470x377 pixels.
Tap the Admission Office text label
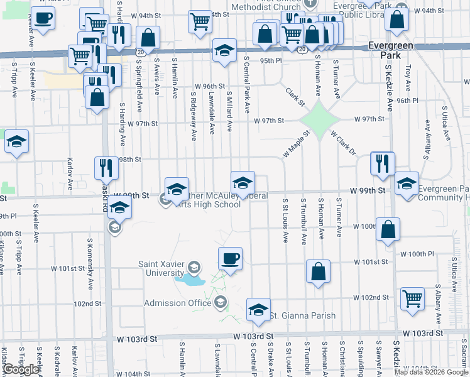[177, 303]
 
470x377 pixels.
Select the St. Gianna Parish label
[303, 315]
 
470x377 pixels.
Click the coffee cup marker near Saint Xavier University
[230, 258]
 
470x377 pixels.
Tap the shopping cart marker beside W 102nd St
[413, 300]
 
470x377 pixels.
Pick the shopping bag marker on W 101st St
[319, 271]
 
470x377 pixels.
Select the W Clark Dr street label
[342, 143]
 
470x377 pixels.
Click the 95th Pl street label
[271, 60]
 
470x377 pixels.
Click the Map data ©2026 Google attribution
[431, 372]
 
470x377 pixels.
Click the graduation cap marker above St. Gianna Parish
[258, 309]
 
